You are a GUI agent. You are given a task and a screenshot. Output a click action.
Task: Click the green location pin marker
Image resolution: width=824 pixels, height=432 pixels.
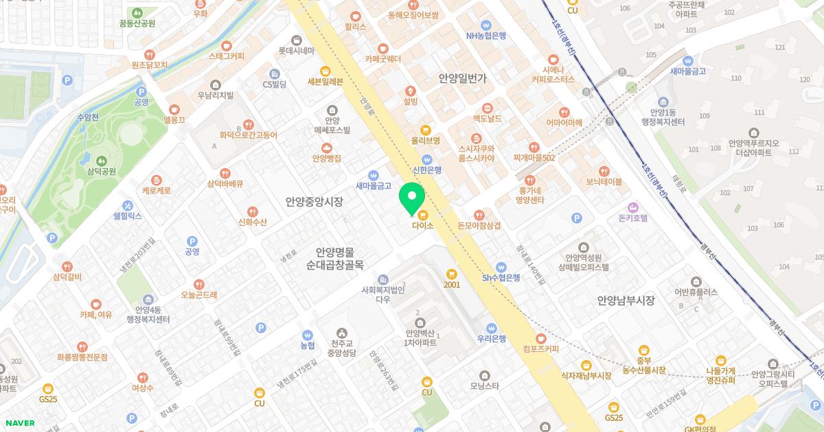(412, 197)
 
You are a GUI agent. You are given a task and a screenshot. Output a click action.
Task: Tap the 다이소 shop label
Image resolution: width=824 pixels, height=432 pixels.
(423, 224)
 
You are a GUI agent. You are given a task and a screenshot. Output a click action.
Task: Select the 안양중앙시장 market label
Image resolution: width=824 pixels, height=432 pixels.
(314, 202)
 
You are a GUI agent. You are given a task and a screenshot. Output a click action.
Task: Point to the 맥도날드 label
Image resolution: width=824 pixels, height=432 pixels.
(488, 119)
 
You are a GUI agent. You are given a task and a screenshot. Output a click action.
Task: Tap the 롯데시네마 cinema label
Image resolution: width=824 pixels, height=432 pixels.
(296, 51)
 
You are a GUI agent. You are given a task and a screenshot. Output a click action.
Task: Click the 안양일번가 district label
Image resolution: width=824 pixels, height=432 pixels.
(463, 79)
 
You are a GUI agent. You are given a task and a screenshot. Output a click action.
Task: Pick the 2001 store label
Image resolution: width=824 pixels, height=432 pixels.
(451, 285)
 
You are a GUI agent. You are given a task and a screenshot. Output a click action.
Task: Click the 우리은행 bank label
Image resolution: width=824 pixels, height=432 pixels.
(492, 338)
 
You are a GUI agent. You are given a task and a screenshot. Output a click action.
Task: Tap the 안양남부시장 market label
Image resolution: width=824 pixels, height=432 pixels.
(626, 300)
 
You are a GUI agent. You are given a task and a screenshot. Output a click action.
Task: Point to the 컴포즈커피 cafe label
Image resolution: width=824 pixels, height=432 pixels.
(540, 349)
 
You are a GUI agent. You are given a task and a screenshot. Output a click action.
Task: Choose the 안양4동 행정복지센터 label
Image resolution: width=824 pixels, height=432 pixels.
(148, 314)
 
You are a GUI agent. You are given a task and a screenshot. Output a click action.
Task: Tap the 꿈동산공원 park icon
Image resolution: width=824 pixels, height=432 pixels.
(137, 12)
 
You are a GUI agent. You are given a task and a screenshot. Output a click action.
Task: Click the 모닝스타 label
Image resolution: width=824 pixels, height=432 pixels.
(485, 385)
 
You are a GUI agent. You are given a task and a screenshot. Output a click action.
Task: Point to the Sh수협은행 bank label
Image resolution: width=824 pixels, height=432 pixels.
(501, 277)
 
